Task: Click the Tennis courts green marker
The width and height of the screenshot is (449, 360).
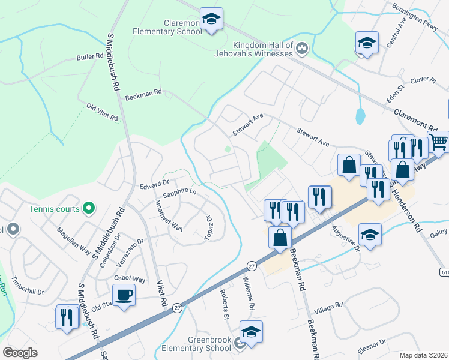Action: [x=89, y=209]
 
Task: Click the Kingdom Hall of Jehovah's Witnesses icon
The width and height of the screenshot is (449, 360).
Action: [x=302, y=47]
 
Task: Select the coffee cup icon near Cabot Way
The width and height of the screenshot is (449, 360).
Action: [x=124, y=296]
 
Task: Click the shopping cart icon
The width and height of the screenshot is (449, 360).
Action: [x=439, y=142]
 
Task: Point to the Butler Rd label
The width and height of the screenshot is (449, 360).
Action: [x=90, y=57]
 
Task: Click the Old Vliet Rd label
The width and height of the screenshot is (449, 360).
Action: [x=103, y=112]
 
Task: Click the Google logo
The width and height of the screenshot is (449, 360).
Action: [x=20, y=352]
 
